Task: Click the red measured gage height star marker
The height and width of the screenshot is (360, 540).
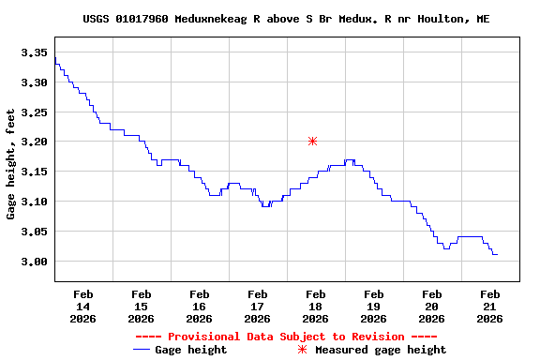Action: tap(312, 141)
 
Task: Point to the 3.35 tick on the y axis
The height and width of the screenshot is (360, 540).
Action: tap(34, 52)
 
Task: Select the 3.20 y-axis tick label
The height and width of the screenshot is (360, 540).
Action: tap(34, 142)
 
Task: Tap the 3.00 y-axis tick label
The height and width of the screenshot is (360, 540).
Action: tap(34, 261)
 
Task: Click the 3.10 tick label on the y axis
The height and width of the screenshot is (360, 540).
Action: tap(34, 202)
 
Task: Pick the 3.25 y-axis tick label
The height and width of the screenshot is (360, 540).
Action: tap(34, 112)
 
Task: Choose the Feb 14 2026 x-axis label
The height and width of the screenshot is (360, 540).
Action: tap(82, 306)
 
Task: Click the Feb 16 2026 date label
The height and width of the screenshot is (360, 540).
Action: tap(199, 306)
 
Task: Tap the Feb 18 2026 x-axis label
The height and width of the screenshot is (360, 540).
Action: tap(315, 306)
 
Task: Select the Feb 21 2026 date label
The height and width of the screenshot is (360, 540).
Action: tap(489, 306)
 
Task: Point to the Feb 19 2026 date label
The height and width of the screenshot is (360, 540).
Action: tap(373, 306)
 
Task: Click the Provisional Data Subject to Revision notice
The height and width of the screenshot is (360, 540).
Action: tap(286, 337)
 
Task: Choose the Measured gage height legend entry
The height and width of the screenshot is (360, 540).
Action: tap(380, 350)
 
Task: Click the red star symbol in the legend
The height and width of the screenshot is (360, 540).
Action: tap(302, 350)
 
